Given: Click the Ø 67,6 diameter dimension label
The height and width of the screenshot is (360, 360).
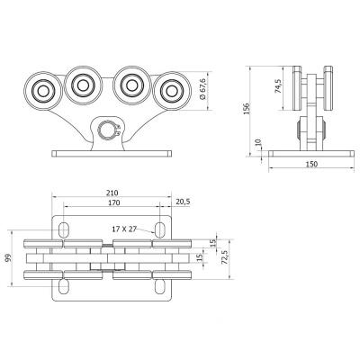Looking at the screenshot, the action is pyautogui.click(x=202, y=89).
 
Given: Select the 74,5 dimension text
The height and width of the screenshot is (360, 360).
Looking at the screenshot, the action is pyautogui.click(x=278, y=86).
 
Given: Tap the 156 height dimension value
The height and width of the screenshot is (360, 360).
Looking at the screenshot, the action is pyautogui.click(x=247, y=109).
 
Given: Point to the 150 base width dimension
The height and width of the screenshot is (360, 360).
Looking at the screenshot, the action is pyautogui.click(x=311, y=164).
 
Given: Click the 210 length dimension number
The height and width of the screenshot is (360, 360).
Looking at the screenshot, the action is pyautogui.click(x=112, y=193).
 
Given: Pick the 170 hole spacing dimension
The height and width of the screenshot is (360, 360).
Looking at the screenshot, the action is pyautogui.click(x=114, y=202).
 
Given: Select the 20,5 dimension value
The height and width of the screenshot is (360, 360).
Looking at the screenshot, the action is pyautogui.click(x=183, y=202).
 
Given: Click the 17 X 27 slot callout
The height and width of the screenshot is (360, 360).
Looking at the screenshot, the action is pyautogui.click(x=124, y=229).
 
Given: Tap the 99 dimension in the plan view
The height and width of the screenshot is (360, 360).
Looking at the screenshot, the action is pyautogui.click(x=8, y=257).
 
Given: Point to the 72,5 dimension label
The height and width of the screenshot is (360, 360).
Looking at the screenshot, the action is pyautogui.click(x=225, y=258).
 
